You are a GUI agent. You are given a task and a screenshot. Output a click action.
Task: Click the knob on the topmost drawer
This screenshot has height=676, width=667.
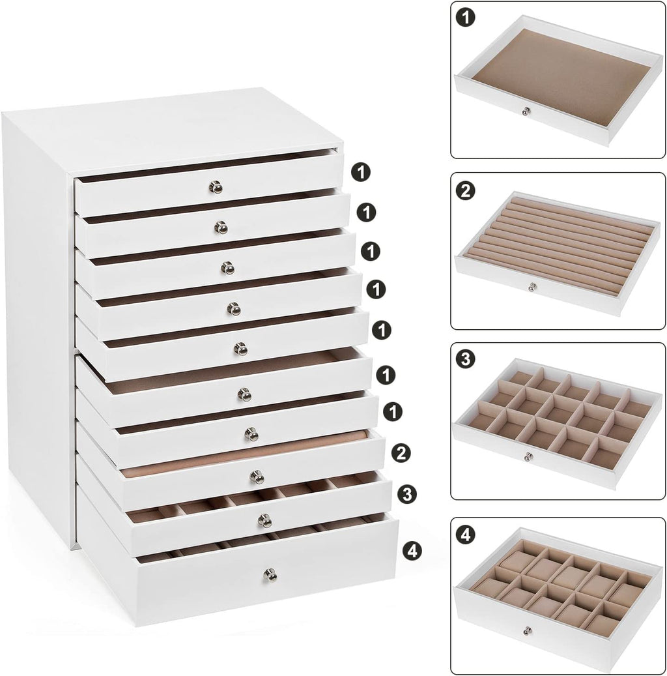[x=216, y=187]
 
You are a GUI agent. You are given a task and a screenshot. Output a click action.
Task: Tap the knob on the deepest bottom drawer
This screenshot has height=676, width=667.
[x=270, y=576]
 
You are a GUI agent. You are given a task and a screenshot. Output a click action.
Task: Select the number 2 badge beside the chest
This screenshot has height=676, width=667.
[x=401, y=452]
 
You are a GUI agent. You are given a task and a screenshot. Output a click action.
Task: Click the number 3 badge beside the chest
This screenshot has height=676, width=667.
[x=407, y=494]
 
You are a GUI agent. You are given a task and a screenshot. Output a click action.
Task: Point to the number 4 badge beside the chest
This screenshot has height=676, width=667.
[x=412, y=551]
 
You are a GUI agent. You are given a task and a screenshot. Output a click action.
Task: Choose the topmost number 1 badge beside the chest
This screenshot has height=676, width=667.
[x=361, y=172]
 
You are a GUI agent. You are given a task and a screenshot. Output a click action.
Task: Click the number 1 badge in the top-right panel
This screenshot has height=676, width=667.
[x=466, y=18]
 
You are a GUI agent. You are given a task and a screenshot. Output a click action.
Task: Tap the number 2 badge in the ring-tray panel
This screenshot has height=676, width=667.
[x=466, y=190]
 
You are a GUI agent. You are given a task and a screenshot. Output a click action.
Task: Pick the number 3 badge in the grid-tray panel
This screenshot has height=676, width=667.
[x=466, y=359]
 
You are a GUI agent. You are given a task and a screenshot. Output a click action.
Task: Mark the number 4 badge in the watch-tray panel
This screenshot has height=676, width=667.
[x=466, y=535]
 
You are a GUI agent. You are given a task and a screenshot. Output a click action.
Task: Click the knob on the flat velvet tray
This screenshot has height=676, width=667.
[x=526, y=111]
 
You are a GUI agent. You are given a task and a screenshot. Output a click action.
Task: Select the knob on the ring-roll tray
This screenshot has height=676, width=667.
[x=533, y=286]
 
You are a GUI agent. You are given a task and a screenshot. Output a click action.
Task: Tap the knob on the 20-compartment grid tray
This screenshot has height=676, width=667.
[x=529, y=456]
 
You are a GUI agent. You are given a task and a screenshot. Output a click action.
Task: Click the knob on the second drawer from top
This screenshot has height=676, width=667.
[x=221, y=228]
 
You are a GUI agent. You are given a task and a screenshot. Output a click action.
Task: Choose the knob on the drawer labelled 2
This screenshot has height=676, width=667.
[x=257, y=477]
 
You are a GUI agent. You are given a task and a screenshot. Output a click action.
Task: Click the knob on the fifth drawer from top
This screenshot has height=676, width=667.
[x=241, y=349]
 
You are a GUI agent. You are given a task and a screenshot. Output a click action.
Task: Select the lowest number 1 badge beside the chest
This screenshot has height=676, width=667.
[x=391, y=412]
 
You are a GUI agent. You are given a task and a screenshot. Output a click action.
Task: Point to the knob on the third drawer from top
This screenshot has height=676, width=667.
[x=228, y=268]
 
